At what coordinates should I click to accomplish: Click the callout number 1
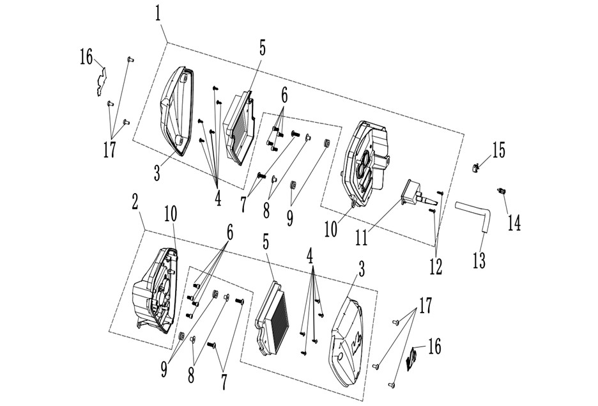(x=158, y=14)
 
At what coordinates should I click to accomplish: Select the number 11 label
(x=362, y=237)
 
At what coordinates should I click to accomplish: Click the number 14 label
(x=514, y=222)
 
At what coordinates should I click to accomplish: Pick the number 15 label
(x=498, y=150)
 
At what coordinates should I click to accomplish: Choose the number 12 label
(x=436, y=267)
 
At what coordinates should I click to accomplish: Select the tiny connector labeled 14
(x=501, y=191)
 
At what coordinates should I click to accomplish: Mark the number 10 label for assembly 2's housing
(x=171, y=215)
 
